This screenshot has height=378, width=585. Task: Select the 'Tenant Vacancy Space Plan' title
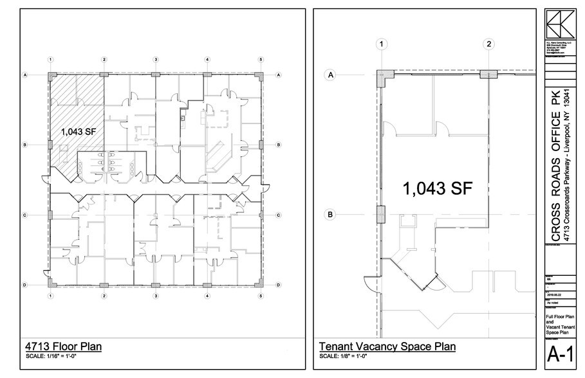coord(387,347)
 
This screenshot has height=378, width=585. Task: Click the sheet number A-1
coord(561,354)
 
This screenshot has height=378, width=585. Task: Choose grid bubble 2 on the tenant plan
coord(489,44)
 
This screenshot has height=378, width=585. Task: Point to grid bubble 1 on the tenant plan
coord(382,44)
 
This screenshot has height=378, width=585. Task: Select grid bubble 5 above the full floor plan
coord(261,60)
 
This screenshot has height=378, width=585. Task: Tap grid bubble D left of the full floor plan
coord(24,284)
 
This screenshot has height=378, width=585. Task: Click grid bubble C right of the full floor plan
coord(278,215)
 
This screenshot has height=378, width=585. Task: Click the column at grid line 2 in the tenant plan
coord(488,75)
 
